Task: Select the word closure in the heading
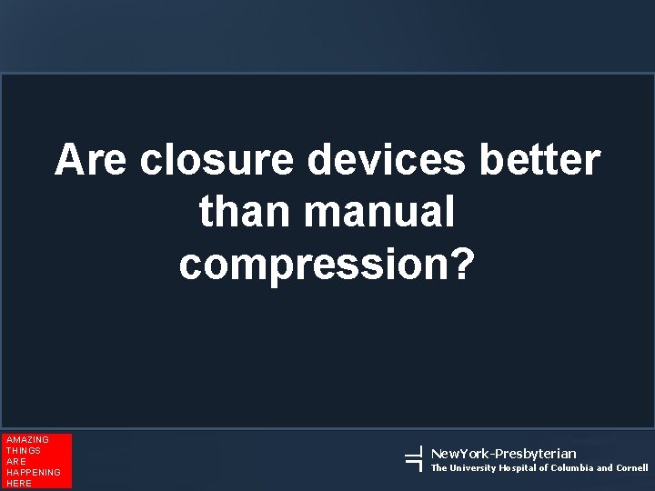coord(217,161)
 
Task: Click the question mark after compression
coord(463,263)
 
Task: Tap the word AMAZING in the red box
coord(27,440)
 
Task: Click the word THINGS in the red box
coord(24,451)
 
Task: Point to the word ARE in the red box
coord(16,462)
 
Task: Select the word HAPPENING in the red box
coord(33,473)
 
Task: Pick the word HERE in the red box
coord(18,484)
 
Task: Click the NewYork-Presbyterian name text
coord(503,453)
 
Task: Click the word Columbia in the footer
coord(572,468)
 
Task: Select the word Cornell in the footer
coord(632,468)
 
